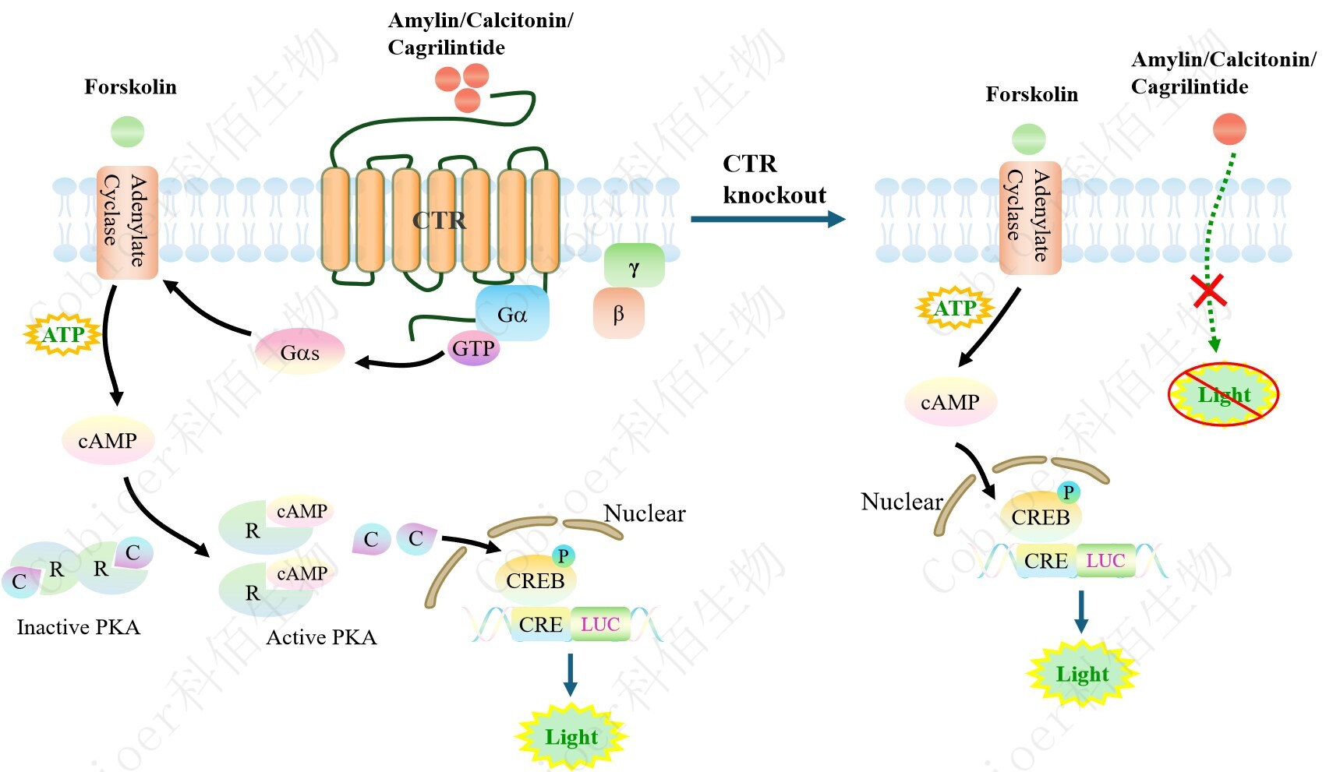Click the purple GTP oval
coord(473,348)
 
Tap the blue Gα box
coord(512,314)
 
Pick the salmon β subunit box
coord(619,314)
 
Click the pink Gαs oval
coord(300,353)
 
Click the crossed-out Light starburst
coord(1223,395)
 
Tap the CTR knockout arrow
coord(767,219)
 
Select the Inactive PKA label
coord(79,627)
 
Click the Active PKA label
coord(321,637)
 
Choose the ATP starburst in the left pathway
coord(63,335)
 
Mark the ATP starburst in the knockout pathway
coord(955,308)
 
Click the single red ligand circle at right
coord(1229,129)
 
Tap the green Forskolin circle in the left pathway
coord(128,132)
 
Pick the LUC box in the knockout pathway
coord(1105,561)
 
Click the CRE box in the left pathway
coord(541,625)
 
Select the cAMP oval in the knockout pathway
coord(950,402)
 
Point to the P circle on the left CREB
coord(563,555)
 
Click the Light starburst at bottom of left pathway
coord(571,737)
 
